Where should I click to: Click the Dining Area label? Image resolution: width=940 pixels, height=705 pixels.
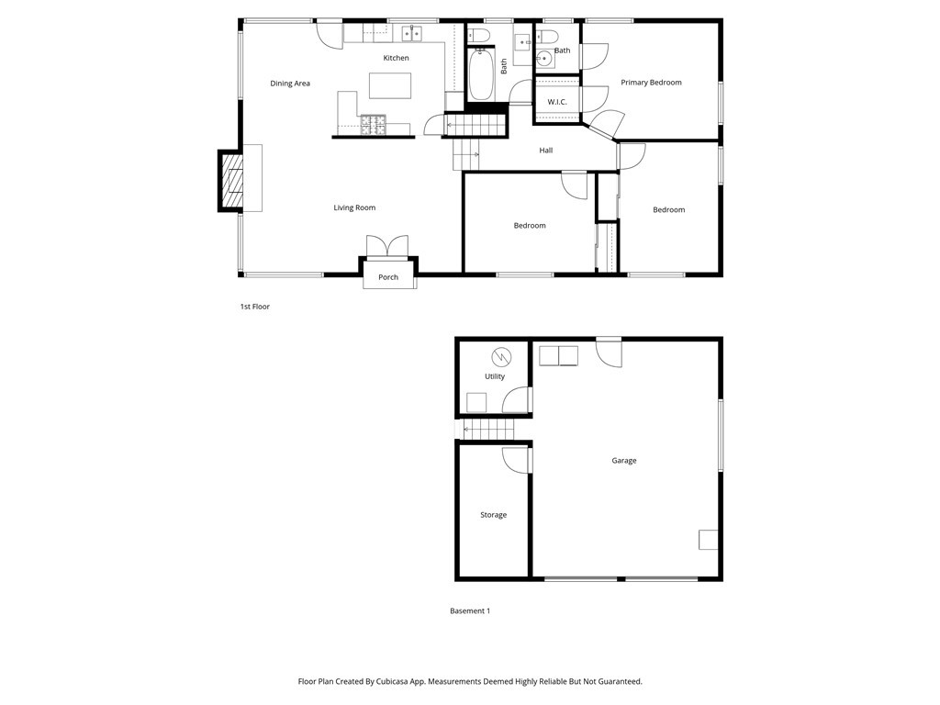pyautogui.click(x=290, y=84)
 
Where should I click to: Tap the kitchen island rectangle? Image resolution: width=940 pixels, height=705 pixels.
pyautogui.click(x=390, y=85)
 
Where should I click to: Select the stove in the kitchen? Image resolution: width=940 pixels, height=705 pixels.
pyautogui.click(x=374, y=123)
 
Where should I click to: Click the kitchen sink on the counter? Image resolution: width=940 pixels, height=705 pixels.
pyautogui.click(x=410, y=34)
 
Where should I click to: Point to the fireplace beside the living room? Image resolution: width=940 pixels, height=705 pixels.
pyautogui.click(x=231, y=181)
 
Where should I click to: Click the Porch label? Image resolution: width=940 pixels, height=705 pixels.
pyautogui.click(x=388, y=277)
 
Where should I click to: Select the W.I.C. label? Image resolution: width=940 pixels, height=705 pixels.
pyautogui.click(x=557, y=102)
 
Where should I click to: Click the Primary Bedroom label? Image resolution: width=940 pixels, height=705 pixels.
pyautogui.click(x=651, y=83)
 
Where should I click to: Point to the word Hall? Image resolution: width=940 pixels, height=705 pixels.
pyautogui.click(x=546, y=151)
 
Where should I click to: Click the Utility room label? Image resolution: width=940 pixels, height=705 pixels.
pyautogui.click(x=495, y=376)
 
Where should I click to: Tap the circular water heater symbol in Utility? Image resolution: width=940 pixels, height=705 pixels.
pyautogui.click(x=501, y=356)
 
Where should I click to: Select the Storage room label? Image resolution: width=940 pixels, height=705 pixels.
pyautogui.click(x=493, y=515)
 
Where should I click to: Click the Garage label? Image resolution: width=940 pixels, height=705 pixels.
pyautogui.click(x=624, y=461)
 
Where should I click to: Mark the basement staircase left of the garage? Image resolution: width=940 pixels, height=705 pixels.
pyautogui.click(x=488, y=429)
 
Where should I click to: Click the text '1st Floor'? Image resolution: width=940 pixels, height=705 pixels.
pyautogui.click(x=255, y=307)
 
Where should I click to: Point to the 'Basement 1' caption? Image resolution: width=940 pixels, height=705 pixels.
pyautogui.click(x=470, y=610)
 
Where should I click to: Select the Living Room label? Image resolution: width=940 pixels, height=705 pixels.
pyautogui.click(x=354, y=208)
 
